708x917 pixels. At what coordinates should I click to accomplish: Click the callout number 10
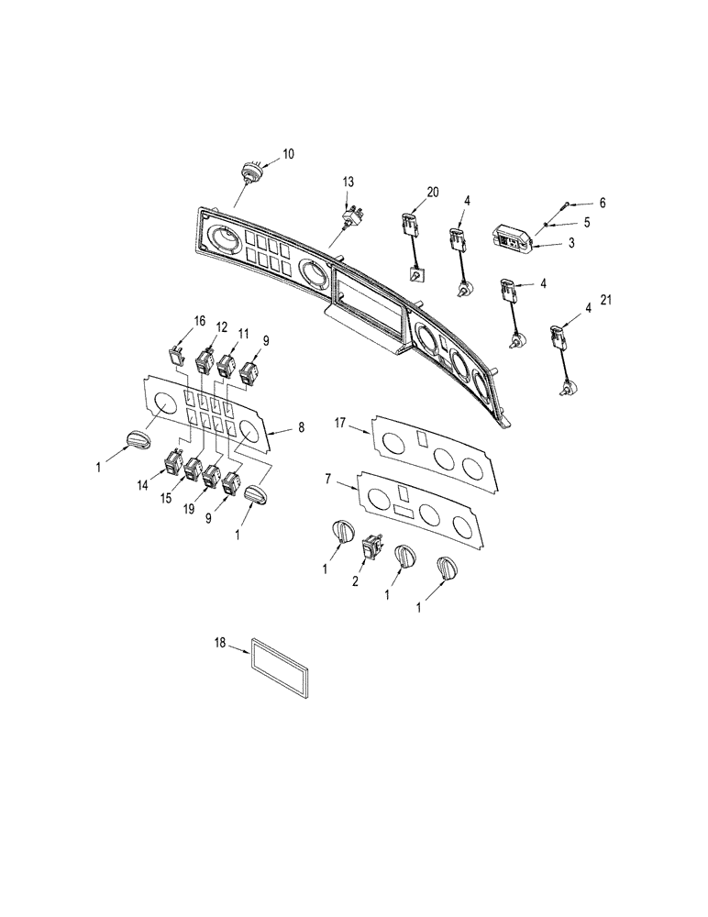(x=288, y=154)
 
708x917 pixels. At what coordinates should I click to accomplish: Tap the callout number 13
(x=348, y=183)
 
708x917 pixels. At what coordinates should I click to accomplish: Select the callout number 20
(x=432, y=192)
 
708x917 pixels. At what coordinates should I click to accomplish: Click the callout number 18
(x=218, y=646)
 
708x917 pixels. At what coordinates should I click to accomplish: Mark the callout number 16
(x=198, y=321)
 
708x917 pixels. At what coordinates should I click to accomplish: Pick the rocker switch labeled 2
(x=374, y=547)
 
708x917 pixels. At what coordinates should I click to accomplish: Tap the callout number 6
(x=577, y=202)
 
